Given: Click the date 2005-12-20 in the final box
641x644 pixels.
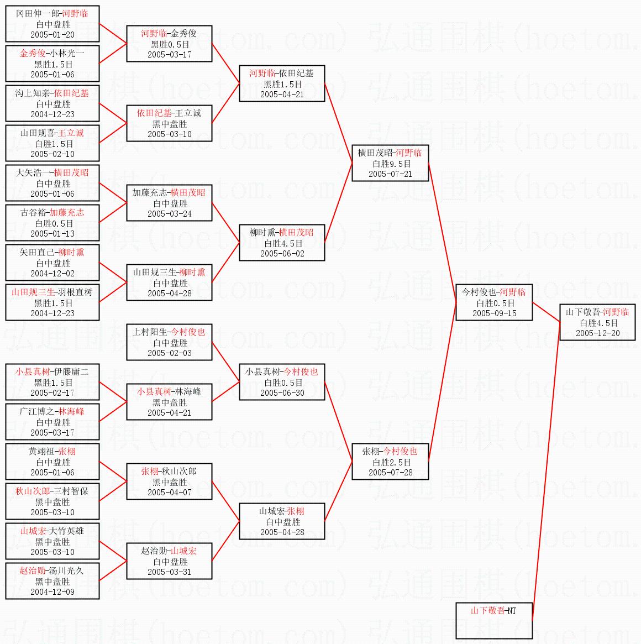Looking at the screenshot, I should (x=597, y=333).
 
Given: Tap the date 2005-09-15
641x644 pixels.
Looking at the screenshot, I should (x=494, y=313).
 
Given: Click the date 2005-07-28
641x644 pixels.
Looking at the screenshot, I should (x=390, y=473).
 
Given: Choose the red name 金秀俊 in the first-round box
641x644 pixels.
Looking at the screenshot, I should (x=33, y=54).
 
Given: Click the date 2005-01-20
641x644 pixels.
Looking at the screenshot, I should (x=52, y=35).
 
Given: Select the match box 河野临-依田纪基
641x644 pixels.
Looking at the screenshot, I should (x=281, y=83).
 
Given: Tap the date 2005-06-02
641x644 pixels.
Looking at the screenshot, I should (x=282, y=254).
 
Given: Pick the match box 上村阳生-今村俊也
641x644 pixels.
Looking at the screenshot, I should (x=169, y=342).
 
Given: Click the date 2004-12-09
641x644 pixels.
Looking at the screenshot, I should (x=52, y=592).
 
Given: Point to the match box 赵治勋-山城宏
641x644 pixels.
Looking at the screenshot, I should (x=169, y=561).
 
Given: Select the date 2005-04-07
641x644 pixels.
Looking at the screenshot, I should (x=169, y=493).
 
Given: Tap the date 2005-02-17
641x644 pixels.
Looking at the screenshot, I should (x=52, y=393).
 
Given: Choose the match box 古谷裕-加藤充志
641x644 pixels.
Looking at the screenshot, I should (x=52, y=223).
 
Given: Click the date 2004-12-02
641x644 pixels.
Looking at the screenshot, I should (x=52, y=274).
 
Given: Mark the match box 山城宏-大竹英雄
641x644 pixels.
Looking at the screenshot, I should (x=52, y=541).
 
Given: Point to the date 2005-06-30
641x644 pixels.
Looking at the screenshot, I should (x=282, y=393).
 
